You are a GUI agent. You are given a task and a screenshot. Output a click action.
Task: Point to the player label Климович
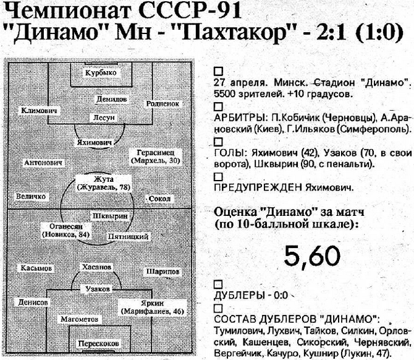[39, 110]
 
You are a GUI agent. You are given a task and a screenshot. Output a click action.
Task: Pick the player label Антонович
[43, 163]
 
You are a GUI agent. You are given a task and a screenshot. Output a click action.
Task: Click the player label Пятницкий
[127, 236]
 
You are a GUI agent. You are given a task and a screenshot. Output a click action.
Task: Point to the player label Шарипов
[162, 272]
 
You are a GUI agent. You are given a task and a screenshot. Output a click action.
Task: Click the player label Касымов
[35, 269]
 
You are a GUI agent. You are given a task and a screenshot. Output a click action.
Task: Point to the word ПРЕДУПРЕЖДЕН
[251, 187]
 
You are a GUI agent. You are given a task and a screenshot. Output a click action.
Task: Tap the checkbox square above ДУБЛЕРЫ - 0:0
[217, 285]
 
